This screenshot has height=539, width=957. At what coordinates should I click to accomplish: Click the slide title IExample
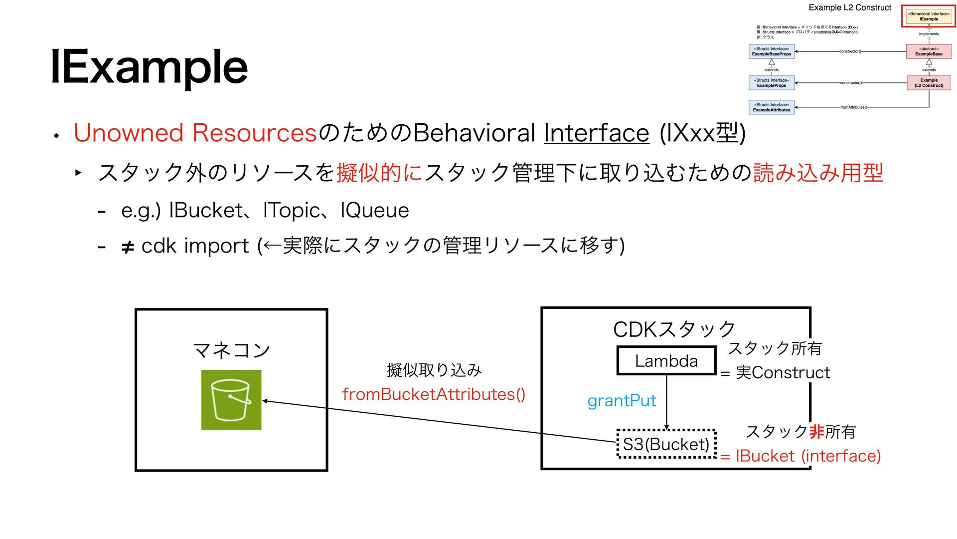point(149,66)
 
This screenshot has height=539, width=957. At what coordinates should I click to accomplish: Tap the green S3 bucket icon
point(231,400)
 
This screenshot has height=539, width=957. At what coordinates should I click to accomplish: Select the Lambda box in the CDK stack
point(666,360)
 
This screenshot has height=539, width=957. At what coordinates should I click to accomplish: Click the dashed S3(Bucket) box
point(666,444)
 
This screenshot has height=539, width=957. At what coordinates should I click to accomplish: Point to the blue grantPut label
point(622,400)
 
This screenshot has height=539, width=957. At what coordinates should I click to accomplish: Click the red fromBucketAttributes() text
point(434,394)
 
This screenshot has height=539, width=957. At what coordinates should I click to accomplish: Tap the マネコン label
point(231,350)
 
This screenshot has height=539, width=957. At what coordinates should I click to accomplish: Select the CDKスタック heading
point(674,329)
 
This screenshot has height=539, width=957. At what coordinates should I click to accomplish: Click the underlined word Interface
point(596,133)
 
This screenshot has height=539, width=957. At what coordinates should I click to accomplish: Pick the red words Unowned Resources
point(195,133)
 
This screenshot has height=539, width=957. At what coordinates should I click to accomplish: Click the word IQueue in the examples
point(374,210)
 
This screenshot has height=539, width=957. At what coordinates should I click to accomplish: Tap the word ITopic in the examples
point(291,210)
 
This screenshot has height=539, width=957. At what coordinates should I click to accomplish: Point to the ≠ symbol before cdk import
point(128,247)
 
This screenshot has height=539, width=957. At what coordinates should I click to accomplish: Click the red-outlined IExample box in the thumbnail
point(929,16)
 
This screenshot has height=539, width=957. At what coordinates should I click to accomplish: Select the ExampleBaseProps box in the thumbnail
point(772,51)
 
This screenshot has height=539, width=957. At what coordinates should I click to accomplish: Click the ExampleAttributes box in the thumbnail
point(772,107)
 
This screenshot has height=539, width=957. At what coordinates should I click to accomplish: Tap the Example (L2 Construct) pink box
point(929,83)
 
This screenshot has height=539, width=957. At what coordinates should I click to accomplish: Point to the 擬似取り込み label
point(434,370)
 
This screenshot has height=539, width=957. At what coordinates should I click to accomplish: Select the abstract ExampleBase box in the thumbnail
point(929,51)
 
